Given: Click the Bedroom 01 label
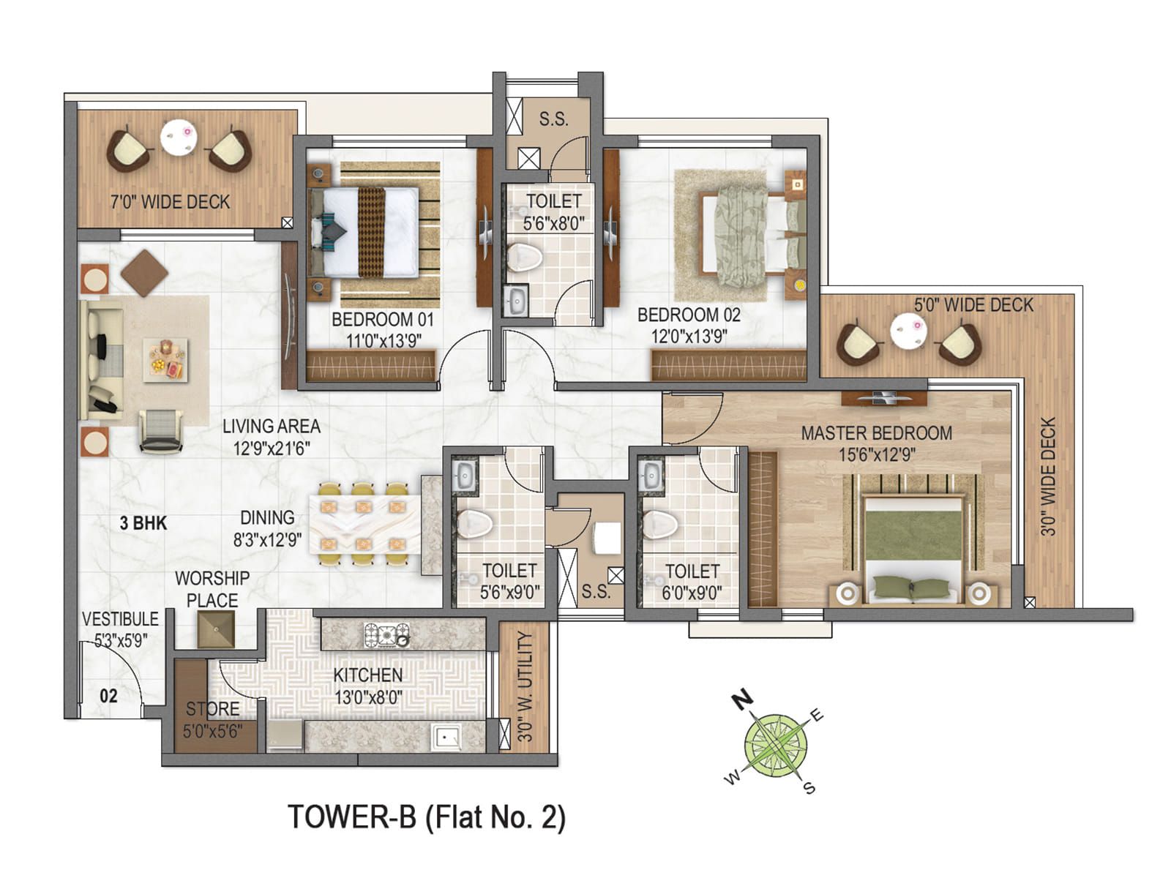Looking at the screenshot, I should click(x=382, y=320).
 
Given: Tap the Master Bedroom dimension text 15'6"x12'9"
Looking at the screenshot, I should click(x=876, y=454).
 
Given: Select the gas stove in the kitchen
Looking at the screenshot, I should click(x=386, y=635).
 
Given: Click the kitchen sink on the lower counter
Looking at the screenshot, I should click(x=445, y=737).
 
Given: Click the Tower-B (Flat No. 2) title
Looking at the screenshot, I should click(x=427, y=817).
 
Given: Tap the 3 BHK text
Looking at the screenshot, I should click(x=143, y=523).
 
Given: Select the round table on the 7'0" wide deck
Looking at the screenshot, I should click(x=179, y=137).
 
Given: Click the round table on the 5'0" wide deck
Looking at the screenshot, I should click(x=908, y=332).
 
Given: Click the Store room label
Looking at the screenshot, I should click(x=212, y=708).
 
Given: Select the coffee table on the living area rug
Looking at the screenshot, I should click(x=165, y=359).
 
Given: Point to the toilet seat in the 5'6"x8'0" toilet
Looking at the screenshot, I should click(x=524, y=257).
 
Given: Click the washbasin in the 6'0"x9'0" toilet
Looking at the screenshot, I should click(x=650, y=476).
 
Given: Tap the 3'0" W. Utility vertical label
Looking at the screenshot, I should click(x=525, y=686).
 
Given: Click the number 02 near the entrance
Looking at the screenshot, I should click(x=108, y=696).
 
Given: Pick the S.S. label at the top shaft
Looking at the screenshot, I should click(x=553, y=119).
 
